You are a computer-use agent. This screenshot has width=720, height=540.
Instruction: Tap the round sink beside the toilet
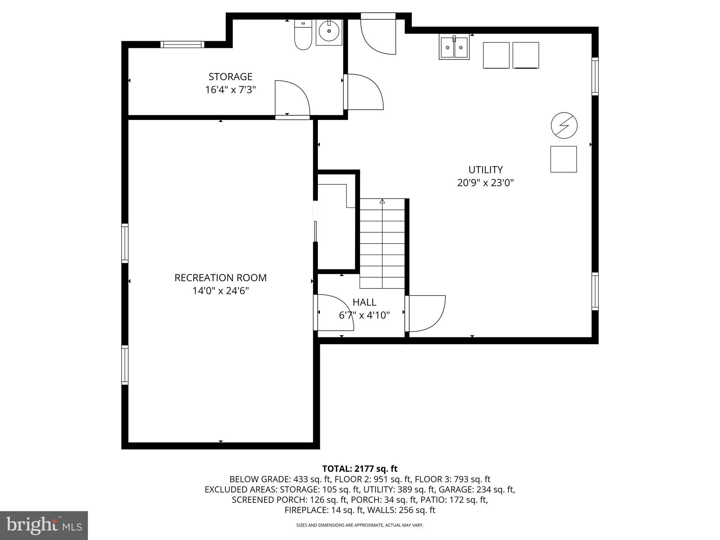coord(329,31)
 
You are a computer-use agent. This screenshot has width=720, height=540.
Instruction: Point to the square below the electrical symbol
coord(563,159)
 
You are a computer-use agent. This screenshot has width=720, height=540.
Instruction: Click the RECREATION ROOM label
coord(220,278)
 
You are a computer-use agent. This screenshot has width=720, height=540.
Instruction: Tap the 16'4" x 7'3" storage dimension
coord(230,90)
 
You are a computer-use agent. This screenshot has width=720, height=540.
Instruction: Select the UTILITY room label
coord(485,170)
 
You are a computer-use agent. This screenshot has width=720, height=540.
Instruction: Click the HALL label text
coord(364,302)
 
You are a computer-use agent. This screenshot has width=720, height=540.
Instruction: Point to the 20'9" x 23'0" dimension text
coord(485,183)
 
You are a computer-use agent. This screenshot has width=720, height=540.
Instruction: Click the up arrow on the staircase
coord(382,202)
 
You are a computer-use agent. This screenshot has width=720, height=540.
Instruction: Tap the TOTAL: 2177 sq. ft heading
coord(360,469)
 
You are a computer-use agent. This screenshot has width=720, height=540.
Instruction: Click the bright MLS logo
coord(44,525)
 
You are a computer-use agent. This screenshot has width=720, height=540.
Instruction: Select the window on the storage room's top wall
coord(182,44)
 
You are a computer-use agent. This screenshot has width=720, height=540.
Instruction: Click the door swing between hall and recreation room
coord(334,312)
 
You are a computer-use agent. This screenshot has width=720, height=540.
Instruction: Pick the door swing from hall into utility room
coord(425,313)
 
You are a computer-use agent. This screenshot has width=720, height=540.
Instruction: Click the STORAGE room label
coord(230,77)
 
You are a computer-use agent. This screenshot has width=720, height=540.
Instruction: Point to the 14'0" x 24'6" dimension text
coord(220,291)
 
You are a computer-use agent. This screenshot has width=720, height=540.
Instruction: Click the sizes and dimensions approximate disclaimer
coord(360,525)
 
